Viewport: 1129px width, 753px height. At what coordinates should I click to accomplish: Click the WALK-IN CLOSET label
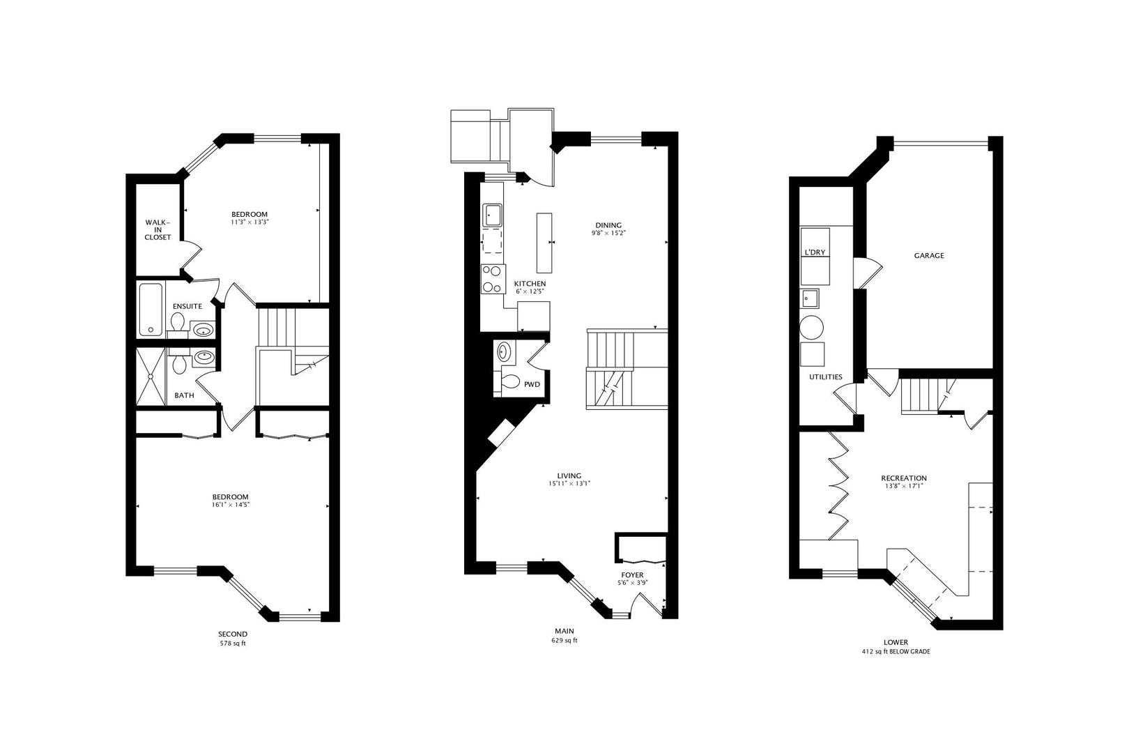(x=158, y=229)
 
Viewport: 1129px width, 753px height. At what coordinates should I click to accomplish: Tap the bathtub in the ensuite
(x=151, y=310)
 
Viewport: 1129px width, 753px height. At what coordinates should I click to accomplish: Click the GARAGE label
(x=929, y=256)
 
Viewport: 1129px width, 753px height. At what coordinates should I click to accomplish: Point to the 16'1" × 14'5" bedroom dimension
(x=231, y=504)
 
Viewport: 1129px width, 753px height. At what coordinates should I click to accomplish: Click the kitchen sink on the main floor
(x=493, y=215)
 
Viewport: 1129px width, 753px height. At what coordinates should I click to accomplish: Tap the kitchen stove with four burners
(x=493, y=279)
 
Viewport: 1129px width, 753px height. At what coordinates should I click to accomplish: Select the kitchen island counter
(x=544, y=243)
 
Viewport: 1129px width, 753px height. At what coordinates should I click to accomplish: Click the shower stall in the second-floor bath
(x=151, y=376)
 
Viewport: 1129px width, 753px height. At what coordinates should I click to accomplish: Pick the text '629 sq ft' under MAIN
(x=564, y=641)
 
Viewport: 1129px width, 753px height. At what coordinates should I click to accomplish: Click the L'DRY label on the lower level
(x=815, y=252)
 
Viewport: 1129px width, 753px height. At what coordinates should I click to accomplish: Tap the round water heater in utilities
(x=811, y=327)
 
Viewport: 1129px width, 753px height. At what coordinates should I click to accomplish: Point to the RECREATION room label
(x=904, y=478)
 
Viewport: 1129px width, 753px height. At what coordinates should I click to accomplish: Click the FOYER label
(x=632, y=575)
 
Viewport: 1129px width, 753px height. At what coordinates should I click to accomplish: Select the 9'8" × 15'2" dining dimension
(x=608, y=233)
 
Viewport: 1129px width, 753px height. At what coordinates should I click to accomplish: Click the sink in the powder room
(x=504, y=352)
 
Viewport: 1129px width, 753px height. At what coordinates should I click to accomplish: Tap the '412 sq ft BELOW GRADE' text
(x=896, y=652)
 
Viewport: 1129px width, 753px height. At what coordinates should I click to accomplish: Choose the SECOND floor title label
(x=233, y=634)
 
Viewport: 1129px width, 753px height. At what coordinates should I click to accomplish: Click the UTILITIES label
(x=826, y=376)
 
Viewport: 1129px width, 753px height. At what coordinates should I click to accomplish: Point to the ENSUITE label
(x=187, y=306)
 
